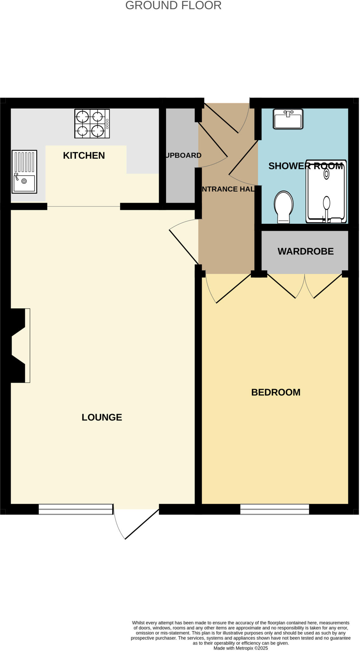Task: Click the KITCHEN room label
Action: coord(84,155)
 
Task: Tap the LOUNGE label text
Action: coord(102,417)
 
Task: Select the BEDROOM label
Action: coord(276,392)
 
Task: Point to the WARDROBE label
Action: coord(305,251)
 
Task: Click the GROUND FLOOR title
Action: coord(173,5)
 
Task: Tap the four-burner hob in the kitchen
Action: coord(92,124)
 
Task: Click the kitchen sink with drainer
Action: coord(24,172)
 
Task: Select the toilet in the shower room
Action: coord(283,207)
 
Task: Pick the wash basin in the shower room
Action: coord(288,119)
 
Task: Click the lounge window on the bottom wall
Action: coord(76,509)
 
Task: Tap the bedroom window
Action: coord(275,509)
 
